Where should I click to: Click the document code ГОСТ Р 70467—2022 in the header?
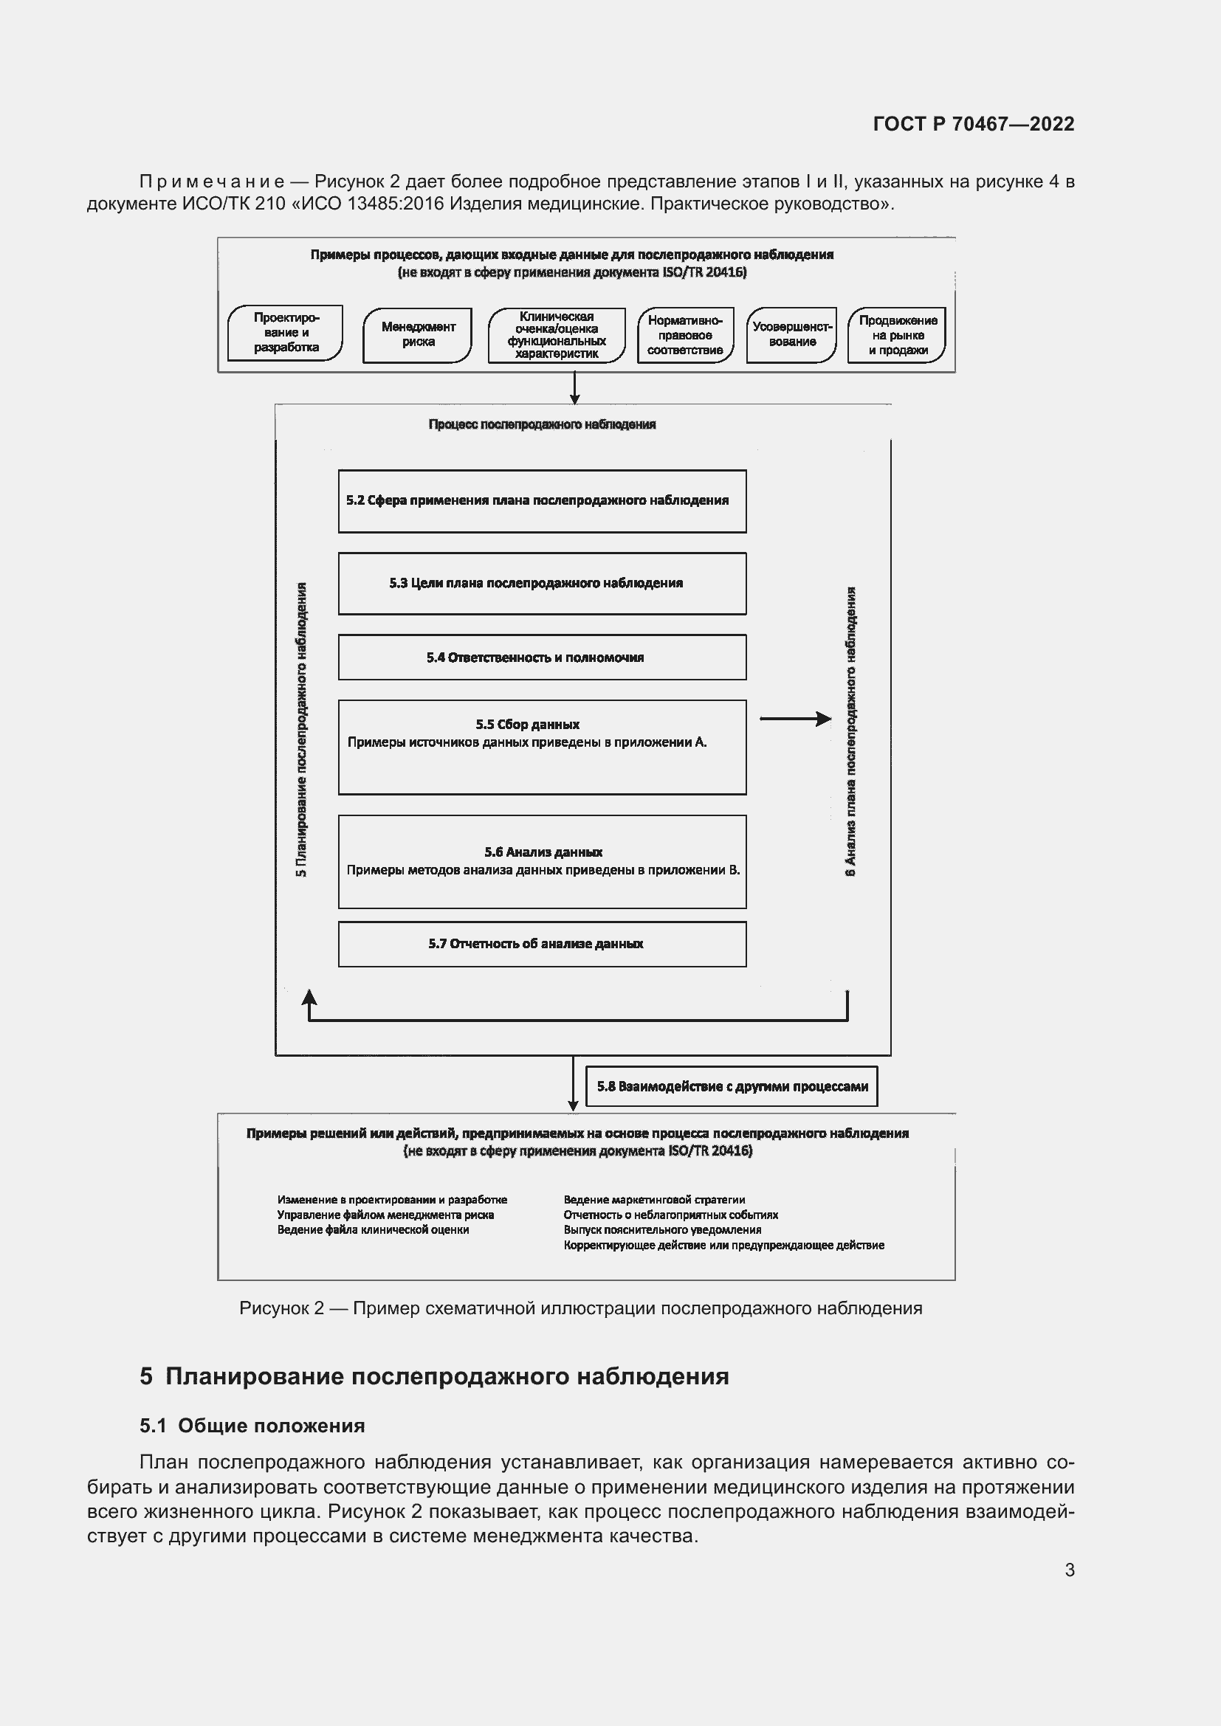coord(973,124)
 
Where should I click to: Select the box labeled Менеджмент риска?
coord(417,334)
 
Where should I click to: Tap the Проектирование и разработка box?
coord(285,332)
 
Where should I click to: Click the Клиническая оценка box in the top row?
coord(557,335)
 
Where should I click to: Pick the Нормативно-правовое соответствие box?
coord(685,335)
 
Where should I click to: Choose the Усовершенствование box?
coord(791,334)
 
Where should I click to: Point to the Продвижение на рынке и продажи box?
coord(897,335)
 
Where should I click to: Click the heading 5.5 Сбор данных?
coord(527,725)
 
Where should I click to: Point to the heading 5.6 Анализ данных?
coord(543,852)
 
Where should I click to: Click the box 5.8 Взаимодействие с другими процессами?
coord(732,1086)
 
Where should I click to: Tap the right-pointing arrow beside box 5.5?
coord(795,719)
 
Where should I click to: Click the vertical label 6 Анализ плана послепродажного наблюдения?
coord(850,731)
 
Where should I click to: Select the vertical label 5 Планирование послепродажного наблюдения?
coord(301,729)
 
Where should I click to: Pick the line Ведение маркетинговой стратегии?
coord(654,1200)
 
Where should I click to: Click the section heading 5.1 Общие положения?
coord(252,1426)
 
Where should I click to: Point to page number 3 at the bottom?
coord(1069,1570)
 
